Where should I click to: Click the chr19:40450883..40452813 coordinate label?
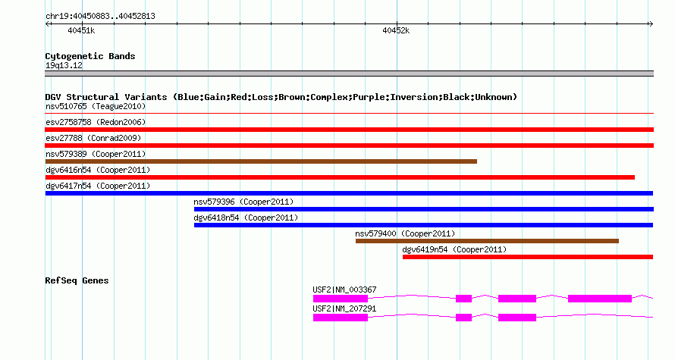[100, 17]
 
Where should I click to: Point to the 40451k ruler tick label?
[81, 30]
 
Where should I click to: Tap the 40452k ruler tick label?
[396, 30]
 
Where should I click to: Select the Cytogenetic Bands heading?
[90, 56]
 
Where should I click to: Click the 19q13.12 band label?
[64, 65]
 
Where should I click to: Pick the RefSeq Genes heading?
[77, 280]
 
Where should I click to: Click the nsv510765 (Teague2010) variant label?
[96, 106]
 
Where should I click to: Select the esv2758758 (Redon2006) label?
[96, 122]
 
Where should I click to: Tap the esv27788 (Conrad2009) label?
[93, 138]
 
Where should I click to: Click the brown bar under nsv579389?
[261, 161]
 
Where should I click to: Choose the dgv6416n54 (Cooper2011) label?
[98, 170]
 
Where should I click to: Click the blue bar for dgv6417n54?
[349, 193]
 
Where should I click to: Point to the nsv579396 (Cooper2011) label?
[243, 202]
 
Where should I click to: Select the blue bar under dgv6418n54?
[424, 225]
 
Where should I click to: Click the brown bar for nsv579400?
[488, 241]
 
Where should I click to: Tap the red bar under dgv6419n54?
[528, 257]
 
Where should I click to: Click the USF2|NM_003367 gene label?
[344, 290]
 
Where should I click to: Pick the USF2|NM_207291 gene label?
[344, 308]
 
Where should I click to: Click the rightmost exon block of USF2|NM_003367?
[600, 299]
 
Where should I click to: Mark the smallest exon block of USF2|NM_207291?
[463, 318]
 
